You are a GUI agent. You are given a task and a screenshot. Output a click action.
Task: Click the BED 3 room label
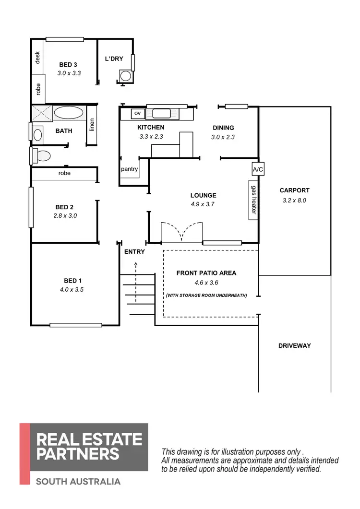[68, 65]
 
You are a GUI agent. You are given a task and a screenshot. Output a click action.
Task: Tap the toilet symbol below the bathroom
[42, 155]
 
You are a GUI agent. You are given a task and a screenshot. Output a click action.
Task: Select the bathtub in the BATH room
[69, 113]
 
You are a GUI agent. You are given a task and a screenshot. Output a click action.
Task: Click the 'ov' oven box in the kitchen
[138, 113]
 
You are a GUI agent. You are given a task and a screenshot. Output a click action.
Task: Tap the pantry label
[129, 169]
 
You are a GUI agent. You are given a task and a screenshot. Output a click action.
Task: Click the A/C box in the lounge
[258, 170]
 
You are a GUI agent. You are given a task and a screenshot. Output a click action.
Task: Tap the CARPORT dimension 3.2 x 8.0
[294, 201]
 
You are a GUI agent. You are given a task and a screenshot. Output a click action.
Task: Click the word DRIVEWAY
[295, 345]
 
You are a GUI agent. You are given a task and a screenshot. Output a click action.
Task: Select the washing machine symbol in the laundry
[125, 76]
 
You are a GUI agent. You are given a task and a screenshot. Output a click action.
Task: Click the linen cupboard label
[92, 124]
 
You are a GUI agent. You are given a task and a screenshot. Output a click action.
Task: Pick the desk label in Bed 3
[37, 58]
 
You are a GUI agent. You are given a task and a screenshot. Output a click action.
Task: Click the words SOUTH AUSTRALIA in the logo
[78, 481]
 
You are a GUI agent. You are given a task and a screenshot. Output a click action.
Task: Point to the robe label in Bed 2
[64, 173]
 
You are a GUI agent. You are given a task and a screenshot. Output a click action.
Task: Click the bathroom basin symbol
[37, 134]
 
